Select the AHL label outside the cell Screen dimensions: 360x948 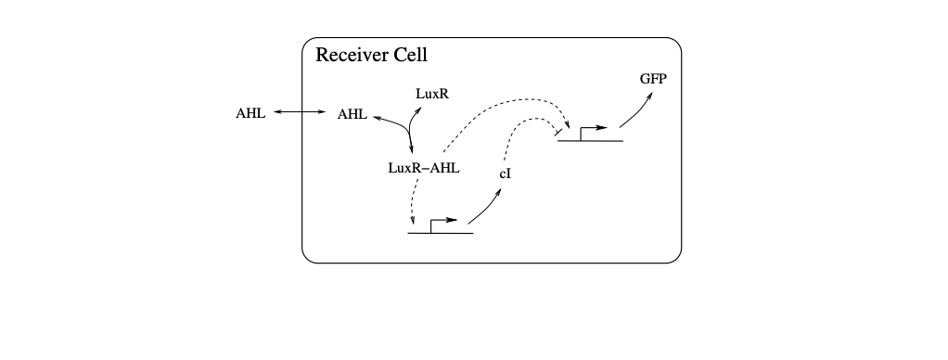(251, 114)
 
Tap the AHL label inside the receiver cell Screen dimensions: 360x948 (352, 114)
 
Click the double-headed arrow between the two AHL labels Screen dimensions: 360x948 (301, 113)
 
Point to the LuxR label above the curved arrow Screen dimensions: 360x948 (431, 94)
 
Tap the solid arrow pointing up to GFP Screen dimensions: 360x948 (634, 111)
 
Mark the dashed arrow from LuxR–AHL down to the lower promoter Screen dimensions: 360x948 (414, 199)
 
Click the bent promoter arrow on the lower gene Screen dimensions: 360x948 (442, 223)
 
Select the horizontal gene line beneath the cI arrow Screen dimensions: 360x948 (441, 233)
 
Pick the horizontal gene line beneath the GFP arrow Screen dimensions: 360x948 (590, 141)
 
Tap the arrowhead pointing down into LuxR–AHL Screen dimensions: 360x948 (411, 153)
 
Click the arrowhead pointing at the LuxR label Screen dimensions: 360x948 (417, 109)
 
